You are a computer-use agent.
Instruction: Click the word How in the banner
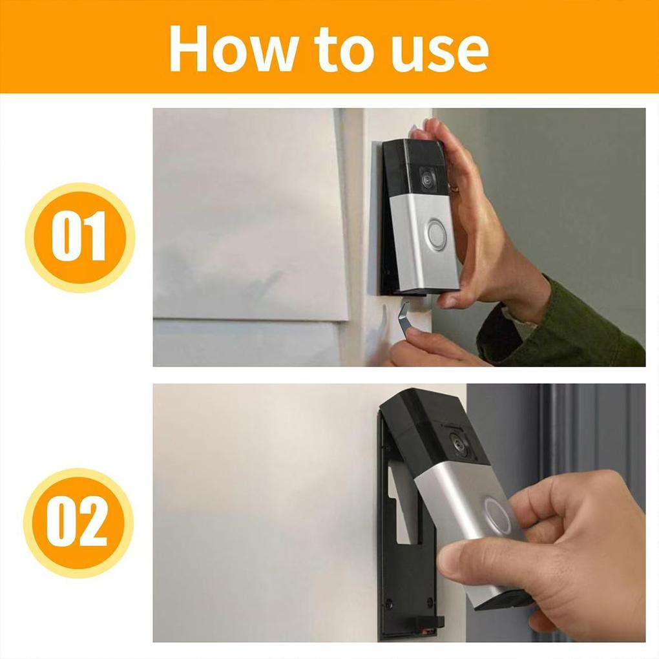[222, 49]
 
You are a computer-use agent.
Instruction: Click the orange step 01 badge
[79, 237]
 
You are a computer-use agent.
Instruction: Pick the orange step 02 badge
[78, 523]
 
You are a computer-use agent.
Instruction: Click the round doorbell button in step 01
[437, 235]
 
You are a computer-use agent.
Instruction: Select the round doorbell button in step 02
[498, 516]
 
